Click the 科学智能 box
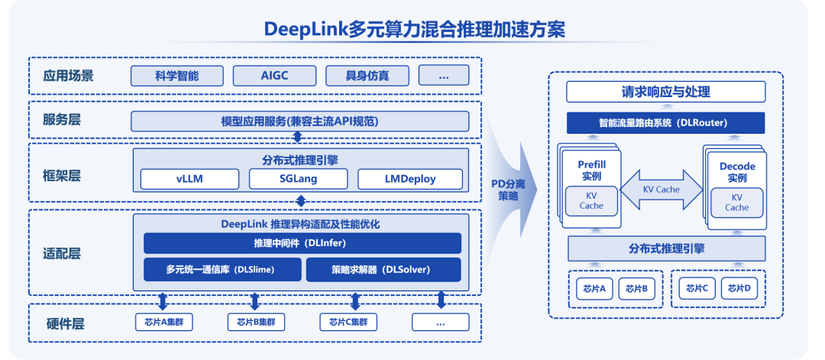[x=177, y=76]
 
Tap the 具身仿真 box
[x=367, y=76]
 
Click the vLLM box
[x=189, y=180]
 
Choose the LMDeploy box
[x=410, y=180]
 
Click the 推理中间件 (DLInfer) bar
[x=302, y=243]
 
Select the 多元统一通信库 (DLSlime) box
[x=221, y=269]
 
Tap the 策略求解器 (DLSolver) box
[x=383, y=269]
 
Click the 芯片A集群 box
[x=163, y=322]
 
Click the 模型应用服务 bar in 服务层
[x=300, y=122]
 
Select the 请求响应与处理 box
[x=665, y=92]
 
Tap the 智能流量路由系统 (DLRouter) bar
[x=665, y=122]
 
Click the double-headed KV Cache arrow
[x=662, y=189]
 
